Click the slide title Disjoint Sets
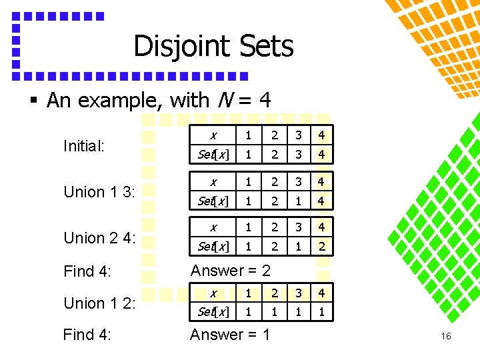(x=213, y=47)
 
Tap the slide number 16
(x=446, y=336)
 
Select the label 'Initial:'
(x=83, y=145)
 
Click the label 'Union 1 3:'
(x=99, y=192)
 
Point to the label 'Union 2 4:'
(x=99, y=238)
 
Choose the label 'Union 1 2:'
(x=99, y=303)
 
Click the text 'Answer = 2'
(x=230, y=271)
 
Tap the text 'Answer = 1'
(x=230, y=335)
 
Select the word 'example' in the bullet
(x=119, y=101)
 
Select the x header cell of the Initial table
(x=213, y=135)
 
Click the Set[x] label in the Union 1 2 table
(x=213, y=312)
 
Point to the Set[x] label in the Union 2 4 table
(x=213, y=246)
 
